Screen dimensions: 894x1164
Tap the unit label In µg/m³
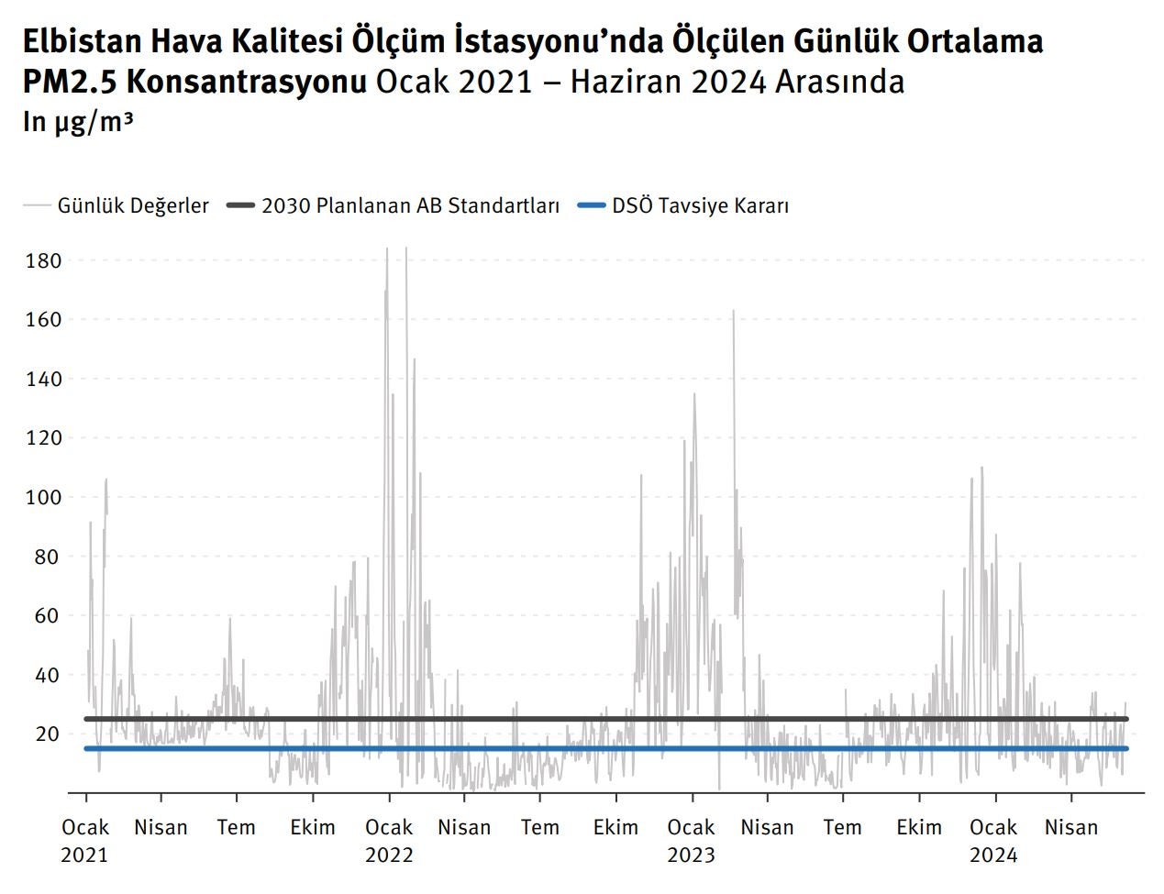78,121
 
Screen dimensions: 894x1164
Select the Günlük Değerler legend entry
133,205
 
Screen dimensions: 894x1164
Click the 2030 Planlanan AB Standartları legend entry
410,205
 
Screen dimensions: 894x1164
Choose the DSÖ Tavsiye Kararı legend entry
700,205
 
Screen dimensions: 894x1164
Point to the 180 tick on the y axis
44,261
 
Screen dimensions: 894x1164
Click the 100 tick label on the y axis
44,498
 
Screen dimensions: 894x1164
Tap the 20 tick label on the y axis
49,734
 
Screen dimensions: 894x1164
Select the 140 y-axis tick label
44,380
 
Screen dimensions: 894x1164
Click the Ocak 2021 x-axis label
85,841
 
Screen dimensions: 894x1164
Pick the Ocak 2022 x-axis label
389,841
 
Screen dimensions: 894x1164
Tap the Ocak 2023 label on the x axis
691,841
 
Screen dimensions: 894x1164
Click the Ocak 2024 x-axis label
993,841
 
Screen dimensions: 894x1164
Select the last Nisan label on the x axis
1070,828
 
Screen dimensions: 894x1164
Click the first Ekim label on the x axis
313,828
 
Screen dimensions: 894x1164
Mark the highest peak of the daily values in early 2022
406,248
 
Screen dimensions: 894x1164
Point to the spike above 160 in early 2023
733,312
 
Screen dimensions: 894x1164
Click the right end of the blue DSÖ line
1125,748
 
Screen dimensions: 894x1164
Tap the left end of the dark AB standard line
86,719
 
